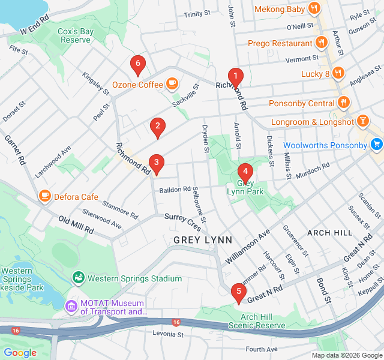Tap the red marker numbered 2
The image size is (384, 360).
[157, 126]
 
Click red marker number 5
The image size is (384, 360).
[239, 292]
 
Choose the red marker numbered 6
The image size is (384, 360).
[138, 63]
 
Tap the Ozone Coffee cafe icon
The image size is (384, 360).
[172, 84]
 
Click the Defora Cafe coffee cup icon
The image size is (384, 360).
[44, 196]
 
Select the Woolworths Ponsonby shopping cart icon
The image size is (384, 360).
[376, 145]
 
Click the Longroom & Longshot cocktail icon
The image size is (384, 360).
[363, 122]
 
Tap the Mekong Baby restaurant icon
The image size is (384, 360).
[313, 8]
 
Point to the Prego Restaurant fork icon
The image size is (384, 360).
[322, 43]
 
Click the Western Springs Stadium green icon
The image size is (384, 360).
[78, 278]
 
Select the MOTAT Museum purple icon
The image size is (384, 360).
[71, 307]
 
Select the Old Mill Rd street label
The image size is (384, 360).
[76, 225]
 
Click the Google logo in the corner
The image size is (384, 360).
[20, 352]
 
